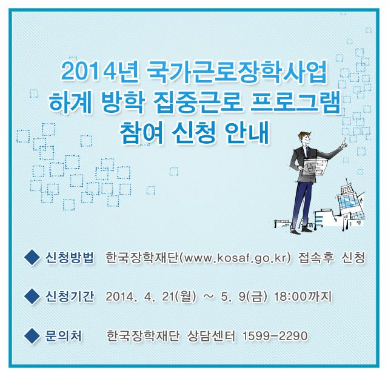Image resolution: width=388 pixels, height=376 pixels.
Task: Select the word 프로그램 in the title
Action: point(295,102)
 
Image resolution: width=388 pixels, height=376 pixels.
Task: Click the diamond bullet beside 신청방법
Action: point(32,258)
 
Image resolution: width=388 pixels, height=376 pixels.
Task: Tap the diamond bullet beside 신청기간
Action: point(32,296)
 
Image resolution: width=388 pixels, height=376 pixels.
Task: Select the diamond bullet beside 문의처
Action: point(32,335)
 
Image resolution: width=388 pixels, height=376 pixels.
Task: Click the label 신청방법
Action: point(70,258)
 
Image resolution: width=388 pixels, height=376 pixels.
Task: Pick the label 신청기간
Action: point(70,296)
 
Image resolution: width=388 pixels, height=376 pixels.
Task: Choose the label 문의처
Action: point(63,335)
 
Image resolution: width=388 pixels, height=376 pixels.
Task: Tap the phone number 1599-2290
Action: point(275,336)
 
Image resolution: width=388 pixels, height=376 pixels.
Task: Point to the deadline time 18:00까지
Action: point(303,297)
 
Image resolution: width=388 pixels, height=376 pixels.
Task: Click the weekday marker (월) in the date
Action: point(185,297)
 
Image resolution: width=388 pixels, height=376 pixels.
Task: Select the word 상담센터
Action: point(211,336)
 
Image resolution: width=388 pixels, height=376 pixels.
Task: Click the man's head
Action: point(304,139)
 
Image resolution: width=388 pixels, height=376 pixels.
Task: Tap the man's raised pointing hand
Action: point(344,144)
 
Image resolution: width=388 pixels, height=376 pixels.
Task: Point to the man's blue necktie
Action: point(306,152)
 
